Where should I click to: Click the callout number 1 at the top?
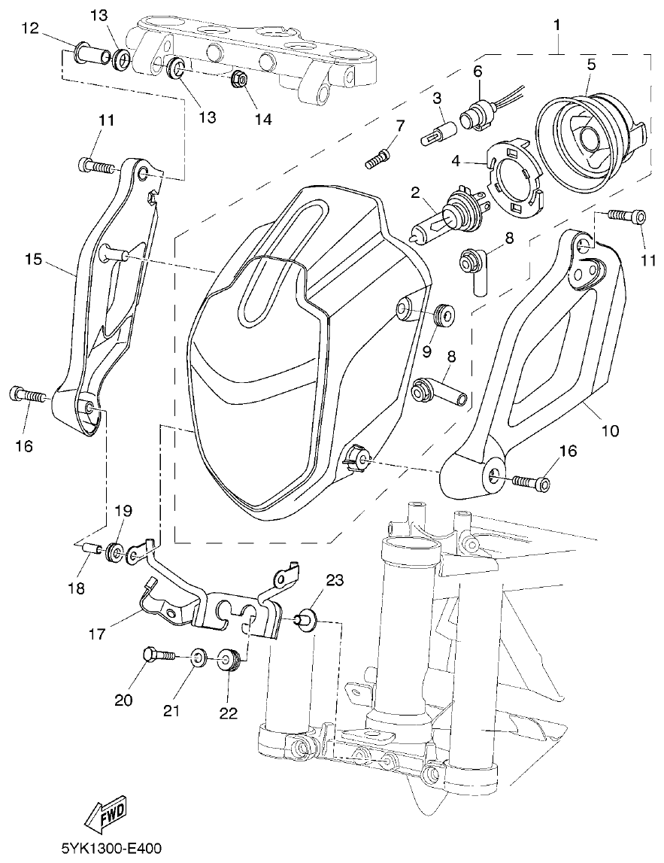click(x=556, y=24)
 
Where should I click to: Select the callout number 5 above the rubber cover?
click(x=591, y=65)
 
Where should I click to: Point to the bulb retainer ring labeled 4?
click(x=514, y=175)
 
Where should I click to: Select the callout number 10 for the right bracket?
click(x=609, y=431)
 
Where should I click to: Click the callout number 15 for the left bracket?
click(x=32, y=260)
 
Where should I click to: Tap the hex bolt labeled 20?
click(x=156, y=655)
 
